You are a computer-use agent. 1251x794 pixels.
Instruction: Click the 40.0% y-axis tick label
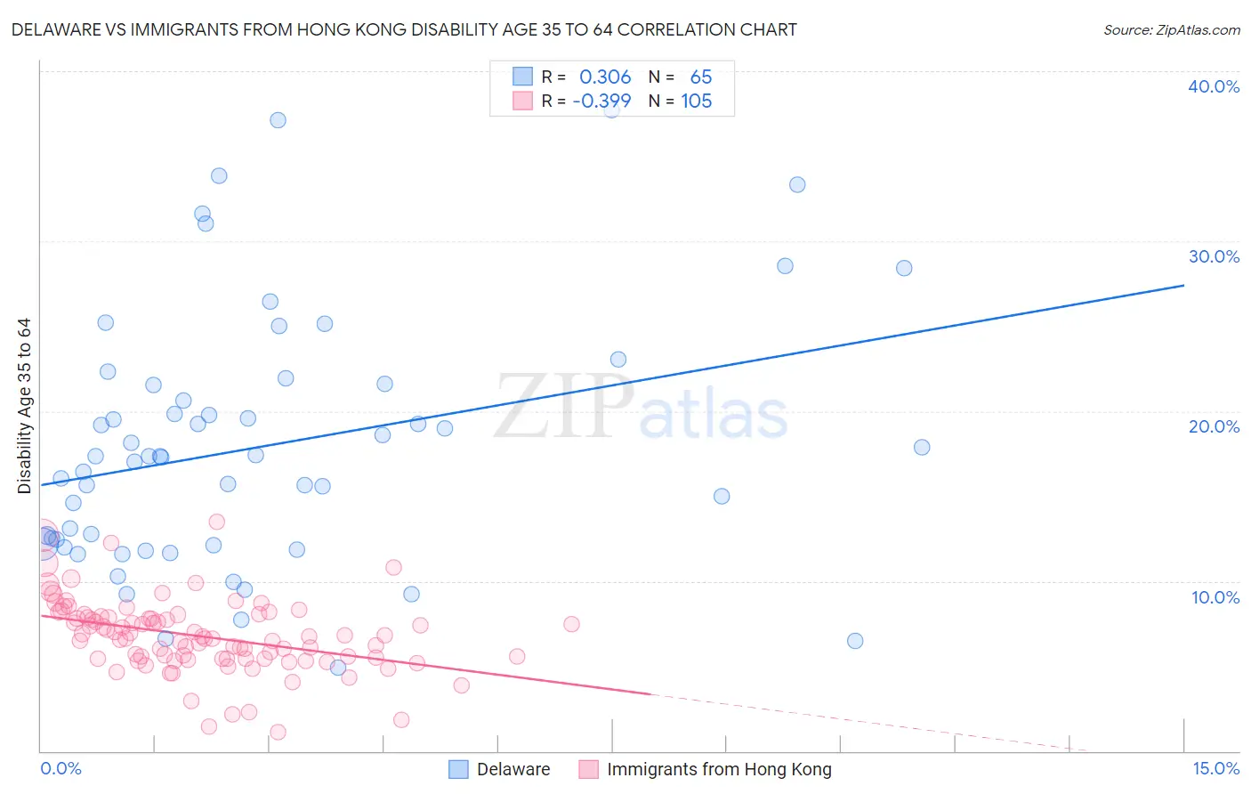(x=1214, y=86)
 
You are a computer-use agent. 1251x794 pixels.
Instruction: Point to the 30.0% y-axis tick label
(x=1214, y=256)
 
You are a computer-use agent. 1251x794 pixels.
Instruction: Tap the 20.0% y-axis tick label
(x=1214, y=426)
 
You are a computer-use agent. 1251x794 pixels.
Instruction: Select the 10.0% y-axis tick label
(x=1215, y=597)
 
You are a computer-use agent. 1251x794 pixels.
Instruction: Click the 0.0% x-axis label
(x=61, y=768)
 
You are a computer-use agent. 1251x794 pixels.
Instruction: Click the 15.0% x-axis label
(x=1215, y=768)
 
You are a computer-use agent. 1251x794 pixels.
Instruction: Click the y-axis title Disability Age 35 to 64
(x=24, y=406)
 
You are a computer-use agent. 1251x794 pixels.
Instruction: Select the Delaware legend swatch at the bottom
(x=458, y=769)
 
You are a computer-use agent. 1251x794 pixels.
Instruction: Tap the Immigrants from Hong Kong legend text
(x=719, y=769)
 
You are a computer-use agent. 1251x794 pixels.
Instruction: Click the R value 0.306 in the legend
(x=605, y=77)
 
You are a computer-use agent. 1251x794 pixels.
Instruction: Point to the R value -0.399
(x=601, y=101)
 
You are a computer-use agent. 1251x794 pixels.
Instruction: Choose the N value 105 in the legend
(x=696, y=101)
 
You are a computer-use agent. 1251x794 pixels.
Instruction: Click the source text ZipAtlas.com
(x=1171, y=30)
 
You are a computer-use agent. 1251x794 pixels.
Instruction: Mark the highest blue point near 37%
(x=278, y=120)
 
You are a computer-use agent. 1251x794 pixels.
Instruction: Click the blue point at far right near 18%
(x=922, y=447)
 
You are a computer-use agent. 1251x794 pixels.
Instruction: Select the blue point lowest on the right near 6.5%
(x=855, y=641)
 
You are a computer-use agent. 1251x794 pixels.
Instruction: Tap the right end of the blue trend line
(x=1183, y=286)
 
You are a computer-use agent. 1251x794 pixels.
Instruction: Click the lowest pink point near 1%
(x=278, y=732)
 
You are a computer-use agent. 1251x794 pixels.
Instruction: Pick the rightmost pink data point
(x=571, y=624)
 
